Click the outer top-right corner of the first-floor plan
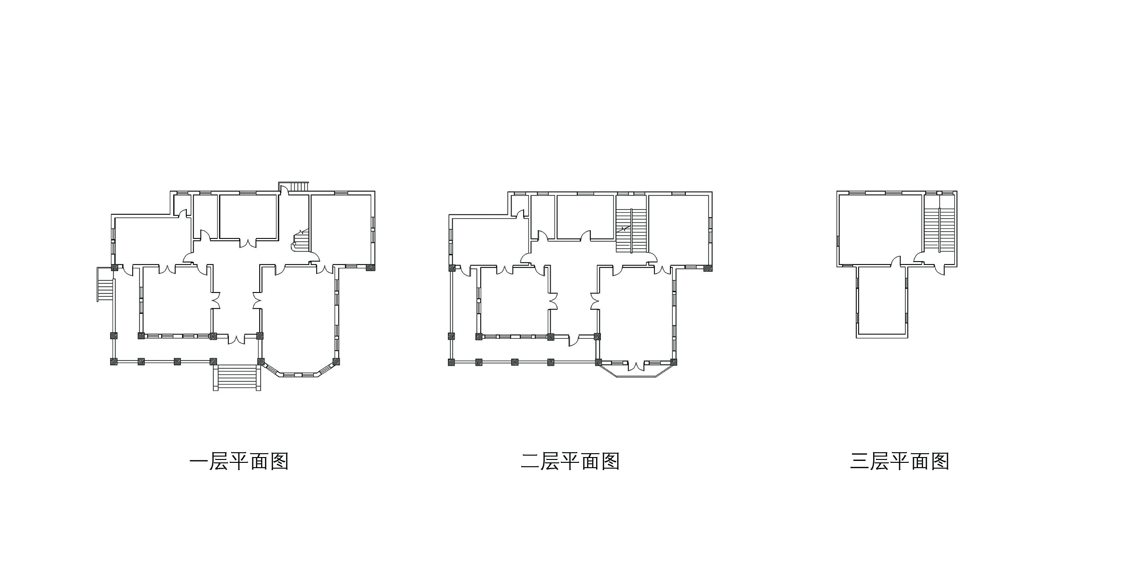[375, 191]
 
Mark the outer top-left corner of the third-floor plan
[837, 191]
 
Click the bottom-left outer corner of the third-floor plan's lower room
[857, 337]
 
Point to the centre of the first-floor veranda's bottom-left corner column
[114, 361]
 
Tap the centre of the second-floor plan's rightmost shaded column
[708, 268]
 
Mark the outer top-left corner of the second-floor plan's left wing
[449, 215]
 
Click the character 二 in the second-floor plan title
[529, 461]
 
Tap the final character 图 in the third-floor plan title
[940, 461]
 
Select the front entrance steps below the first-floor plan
[237, 378]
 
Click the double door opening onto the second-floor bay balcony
[637, 365]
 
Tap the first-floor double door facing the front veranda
[236, 339]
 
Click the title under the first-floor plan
[239, 461]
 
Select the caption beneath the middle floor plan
[570, 461]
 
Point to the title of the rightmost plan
[900, 461]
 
